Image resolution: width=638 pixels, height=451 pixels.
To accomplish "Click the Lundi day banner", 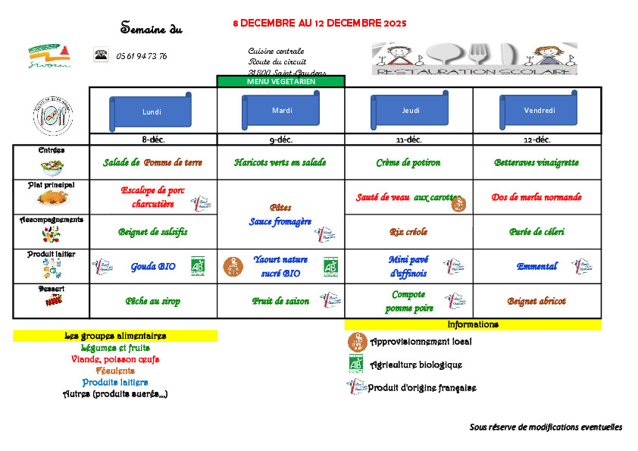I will tap(152, 112).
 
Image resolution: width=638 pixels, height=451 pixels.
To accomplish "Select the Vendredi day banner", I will tap(539, 111).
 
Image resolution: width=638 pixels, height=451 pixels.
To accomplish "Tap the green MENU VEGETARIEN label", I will tap(281, 81).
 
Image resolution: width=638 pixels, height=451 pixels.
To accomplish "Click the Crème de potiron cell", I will tap(408, 163).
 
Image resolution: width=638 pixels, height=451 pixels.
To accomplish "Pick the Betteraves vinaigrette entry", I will tap(536, 163).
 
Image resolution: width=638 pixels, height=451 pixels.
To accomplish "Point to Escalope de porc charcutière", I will tap(153, 197).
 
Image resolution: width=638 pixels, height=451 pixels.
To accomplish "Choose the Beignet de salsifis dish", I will tap(152, 232).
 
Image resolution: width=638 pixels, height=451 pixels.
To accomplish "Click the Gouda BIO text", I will tap(154, 267).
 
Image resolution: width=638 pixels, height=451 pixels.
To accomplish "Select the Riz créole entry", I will tap(408, 232).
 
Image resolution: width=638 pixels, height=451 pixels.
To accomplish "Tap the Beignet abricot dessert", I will tap(536, 301).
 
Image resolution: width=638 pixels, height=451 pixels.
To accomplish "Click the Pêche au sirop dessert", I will tap(152, 301).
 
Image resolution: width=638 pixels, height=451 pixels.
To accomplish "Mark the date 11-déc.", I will tap(408, 139).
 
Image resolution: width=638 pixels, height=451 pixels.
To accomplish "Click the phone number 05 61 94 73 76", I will tap(142, 56).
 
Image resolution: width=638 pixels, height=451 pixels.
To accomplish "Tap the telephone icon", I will tap(100, 55).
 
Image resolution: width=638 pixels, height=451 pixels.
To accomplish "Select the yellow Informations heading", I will tap(473, 324).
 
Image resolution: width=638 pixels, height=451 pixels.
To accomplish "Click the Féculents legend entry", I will tap(115, 371).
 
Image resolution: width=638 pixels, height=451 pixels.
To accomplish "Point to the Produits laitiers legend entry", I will tap(115, 383).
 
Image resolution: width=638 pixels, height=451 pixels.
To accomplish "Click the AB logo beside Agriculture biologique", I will tap(356, 364).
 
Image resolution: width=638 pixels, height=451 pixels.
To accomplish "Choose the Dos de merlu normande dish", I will tap(536, 197).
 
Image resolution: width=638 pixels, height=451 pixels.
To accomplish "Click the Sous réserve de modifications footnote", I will tap(546, 428).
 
